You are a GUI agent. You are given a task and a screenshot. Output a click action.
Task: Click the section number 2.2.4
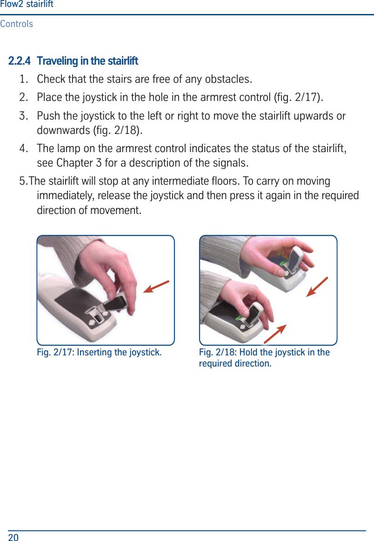pos(20,61)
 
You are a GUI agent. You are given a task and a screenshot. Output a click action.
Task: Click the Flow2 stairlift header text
pos(27,5)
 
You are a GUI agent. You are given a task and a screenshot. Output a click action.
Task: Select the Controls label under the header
pos(17,24)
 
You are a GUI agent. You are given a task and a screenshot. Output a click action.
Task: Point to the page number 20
pos(14,538)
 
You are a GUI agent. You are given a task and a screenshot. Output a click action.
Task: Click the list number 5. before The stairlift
pos(24,181)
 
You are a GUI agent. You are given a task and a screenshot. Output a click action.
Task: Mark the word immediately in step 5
pos(64,195)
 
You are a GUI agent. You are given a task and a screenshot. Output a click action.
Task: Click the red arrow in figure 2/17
pos(156,287)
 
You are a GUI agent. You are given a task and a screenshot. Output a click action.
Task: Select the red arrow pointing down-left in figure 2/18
pos(317,287)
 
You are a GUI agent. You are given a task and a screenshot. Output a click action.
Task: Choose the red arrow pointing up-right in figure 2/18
pos(275,334)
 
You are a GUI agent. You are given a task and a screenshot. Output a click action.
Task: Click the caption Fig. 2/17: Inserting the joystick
pos(99,352)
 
